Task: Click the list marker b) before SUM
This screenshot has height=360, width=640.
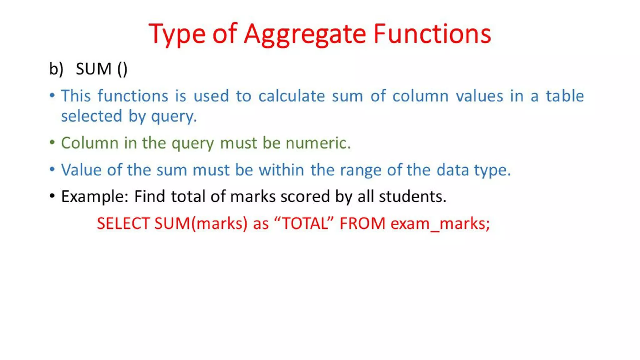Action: click(56, 69)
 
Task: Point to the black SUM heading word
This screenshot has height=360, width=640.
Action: click(93, 69)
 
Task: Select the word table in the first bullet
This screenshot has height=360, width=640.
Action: click(565, 96)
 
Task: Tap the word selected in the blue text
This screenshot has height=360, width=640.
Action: click(91, 116)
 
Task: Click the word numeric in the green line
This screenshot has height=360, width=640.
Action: click(318, 143)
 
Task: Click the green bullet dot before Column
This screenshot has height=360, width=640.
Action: click(52, 142)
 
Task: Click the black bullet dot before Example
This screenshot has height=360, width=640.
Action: click(52, 196)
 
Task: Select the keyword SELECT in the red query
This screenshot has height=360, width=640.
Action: click(123, 223)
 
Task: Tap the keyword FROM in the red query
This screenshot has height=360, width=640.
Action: click(362, 223)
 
